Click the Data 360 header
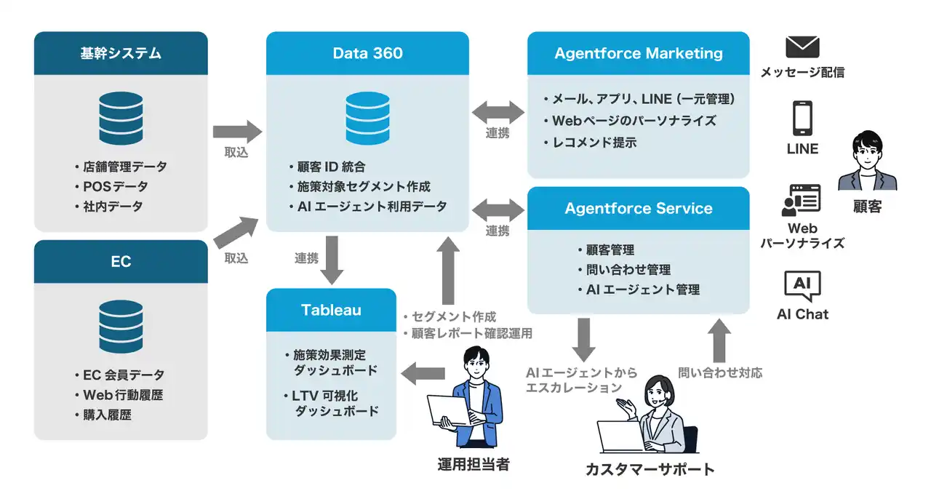367,53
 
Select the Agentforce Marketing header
638,53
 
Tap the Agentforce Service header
638,208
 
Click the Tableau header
331,310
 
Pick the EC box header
121,262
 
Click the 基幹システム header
121,53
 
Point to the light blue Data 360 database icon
367,119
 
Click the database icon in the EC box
121,327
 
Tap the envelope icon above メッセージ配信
802,47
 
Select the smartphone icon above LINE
802,118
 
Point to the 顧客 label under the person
867,207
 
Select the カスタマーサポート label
650,469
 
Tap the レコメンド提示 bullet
594,143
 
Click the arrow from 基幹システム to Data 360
237,132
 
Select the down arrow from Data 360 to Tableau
332,260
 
